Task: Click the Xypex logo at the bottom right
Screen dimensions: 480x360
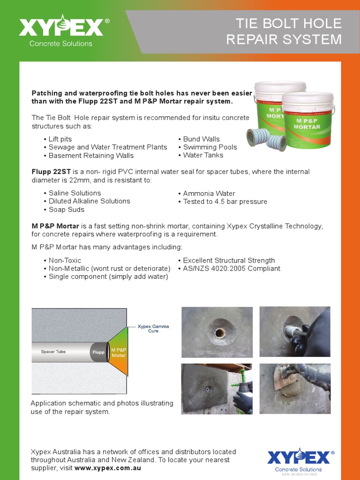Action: coord(298,457)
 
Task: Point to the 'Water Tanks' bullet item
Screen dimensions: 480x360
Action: coord(203,155)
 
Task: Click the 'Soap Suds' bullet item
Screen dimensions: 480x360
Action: coord(66,210)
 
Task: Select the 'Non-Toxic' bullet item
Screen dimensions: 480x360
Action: coord(65,261)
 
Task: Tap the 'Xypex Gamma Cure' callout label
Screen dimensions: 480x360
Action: coord(153,328)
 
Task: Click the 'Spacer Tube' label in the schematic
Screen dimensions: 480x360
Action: coord(53,352)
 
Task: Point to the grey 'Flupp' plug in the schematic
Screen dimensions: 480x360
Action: coord(98,352)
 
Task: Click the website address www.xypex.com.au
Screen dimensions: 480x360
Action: coord(107,468)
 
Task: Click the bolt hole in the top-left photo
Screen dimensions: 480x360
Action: coord(220,333)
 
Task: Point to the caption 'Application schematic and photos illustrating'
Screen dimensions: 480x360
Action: coord(102,403)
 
